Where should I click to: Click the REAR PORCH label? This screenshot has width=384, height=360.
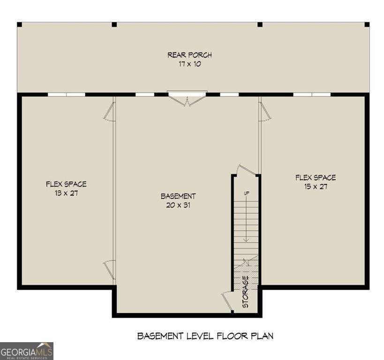[x=189, y=55]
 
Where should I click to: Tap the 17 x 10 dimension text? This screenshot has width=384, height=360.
[x=189, y=64]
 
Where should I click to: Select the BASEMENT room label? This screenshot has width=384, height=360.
[x=178, y=196]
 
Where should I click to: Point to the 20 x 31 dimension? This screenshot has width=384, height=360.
[x=178, y=205]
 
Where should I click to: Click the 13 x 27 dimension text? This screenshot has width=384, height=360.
[x=66, y=193]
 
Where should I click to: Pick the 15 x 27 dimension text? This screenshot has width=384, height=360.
[x=315, y=186]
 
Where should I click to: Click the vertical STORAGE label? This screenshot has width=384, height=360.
[x=245, y=292]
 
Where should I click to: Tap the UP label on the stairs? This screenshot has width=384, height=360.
[x=246, y=193]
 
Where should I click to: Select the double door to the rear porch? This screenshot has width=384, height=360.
[x=188, y=98]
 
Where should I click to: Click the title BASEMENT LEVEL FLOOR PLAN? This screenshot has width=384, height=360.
[x=205, y=336]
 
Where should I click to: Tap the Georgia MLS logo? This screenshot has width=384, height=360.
[x=27, y=351]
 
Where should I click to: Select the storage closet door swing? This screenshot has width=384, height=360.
[x=227, y=300]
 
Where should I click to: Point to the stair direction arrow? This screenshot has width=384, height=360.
[x=246, y=220]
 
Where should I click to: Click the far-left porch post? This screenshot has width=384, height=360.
[x=19, y=24]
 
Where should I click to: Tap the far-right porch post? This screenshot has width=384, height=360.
[x=367, y=24]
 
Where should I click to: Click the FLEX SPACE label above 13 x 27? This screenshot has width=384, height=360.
[x=66, y=184]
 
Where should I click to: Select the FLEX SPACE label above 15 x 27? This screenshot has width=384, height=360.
[x=315, y=178]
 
